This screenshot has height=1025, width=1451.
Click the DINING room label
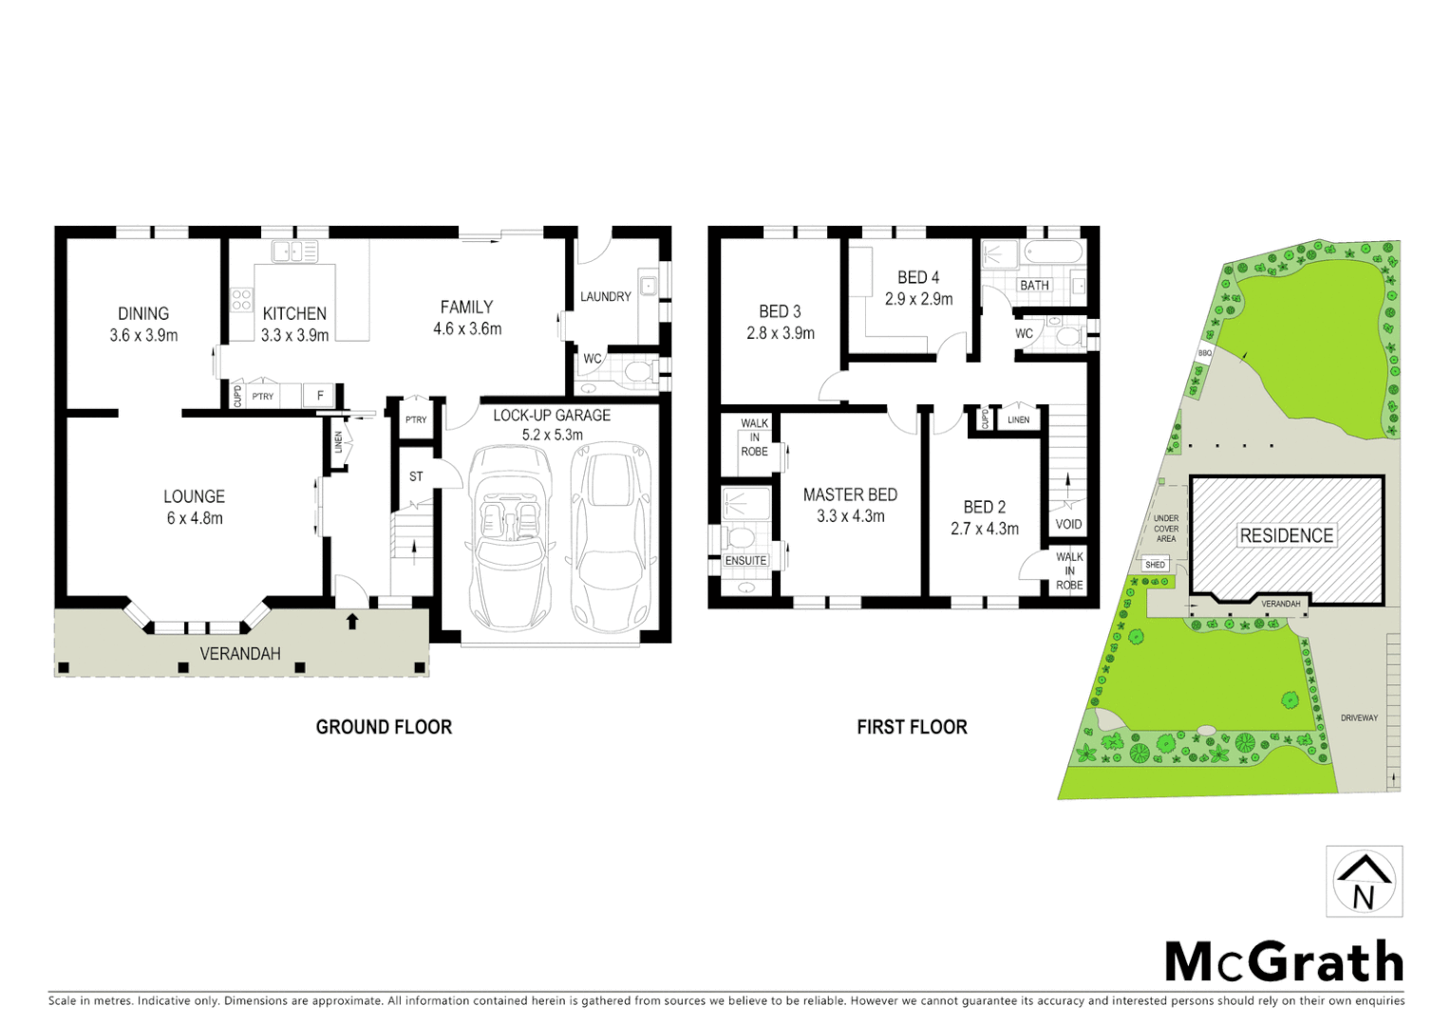pyautogui.click(x=143, y=313)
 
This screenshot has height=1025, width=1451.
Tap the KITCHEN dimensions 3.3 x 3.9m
pyautogui.click(x=294, y=335)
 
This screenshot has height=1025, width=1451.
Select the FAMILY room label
pyautogui.click(x=466, y=307)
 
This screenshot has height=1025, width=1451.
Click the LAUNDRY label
pyautogui.click(x=605, y=297)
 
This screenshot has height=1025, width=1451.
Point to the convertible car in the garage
pyautogui.click(x=511, y=536)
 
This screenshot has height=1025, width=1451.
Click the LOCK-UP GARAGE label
pyautogui.click(x=552, y=416)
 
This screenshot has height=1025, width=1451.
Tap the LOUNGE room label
pyautogui.click(x=194, y=496)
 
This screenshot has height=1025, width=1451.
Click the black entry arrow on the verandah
pyautogui.click(x=352, y=622)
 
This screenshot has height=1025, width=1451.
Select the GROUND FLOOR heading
pyautogui.click(x=384, y=727)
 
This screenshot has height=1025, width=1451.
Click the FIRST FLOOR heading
pyautogui.click(x=912, y=727)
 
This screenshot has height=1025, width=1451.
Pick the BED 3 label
pyautogui.click(x=780, y=311)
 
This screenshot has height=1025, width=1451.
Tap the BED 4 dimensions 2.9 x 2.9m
pyautogui.click(x=918, y=299)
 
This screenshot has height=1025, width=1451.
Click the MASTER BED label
pyautogui.click(x=850, y=494)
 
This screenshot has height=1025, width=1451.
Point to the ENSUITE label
pyautogui.click(x=745, y=561)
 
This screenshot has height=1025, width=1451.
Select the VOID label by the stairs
pyautogui.click(x=1068, y=524)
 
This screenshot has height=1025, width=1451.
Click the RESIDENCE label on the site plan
pyautogui.click(x=1286, y=535)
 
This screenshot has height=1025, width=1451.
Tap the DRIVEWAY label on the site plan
pyautogui.click(x=1359, y=717)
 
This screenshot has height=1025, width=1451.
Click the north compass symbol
pyautogui.click(x=1364, y=882)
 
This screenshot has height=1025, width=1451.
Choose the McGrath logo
pyautogui.click(x=1284, y=962)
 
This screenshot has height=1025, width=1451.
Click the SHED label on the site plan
pyautogui.click(x=1155, y=565)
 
